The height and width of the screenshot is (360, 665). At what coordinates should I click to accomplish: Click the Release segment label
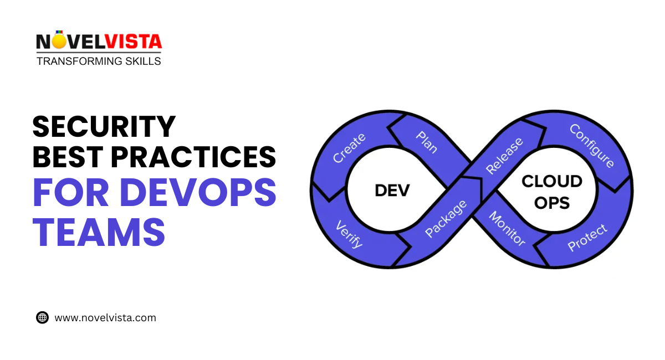coord(504,156)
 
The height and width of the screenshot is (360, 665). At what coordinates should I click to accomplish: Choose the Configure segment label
coord(592,145)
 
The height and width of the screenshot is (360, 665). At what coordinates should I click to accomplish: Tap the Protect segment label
coord(587,238)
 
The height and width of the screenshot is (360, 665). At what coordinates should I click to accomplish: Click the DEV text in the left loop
coord(392,191)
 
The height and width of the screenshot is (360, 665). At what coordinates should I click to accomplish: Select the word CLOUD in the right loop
coord(552,181)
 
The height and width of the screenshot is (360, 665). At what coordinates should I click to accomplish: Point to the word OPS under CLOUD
coord(552,203)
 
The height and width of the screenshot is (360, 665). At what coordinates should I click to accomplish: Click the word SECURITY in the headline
coord(104,126)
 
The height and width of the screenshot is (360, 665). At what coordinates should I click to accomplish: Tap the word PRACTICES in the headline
coord(195,157)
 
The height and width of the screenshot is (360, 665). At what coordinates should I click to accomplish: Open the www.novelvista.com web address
coord(105,318)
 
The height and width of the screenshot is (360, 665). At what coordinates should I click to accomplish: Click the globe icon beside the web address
coord(42,318)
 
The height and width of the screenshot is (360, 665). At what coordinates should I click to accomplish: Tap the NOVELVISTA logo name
coord(99,42)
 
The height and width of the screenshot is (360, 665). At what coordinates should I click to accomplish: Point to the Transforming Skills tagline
coord(99,61)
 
